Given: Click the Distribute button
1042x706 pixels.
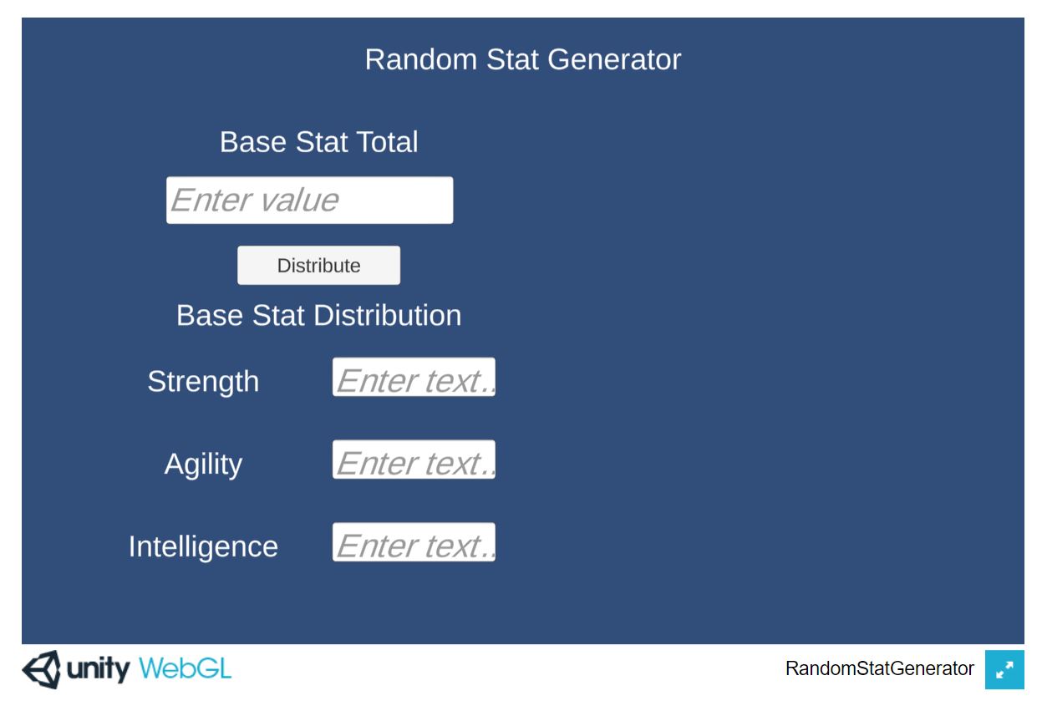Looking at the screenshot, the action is click(318, 265).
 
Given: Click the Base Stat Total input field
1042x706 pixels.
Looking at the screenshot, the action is click(310, 200).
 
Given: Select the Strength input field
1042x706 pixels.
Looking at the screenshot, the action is click(414, 377).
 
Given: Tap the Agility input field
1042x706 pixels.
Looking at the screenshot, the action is click(414, 460).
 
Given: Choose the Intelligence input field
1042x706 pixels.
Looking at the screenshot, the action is click(414, 542).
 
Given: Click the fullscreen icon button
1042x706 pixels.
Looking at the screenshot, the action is click(1004, 670).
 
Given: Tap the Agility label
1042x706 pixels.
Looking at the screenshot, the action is click(203, 465).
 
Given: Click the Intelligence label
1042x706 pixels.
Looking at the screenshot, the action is click(203, 547).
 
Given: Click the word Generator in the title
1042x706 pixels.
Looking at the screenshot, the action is click(614, 59).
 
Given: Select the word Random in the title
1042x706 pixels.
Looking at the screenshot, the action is click(421, 59).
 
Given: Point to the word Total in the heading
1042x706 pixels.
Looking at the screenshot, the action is click(387, 142).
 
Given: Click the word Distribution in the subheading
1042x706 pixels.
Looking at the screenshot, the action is click(388, 316).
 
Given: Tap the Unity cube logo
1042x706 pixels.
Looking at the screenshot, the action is click(42, 670).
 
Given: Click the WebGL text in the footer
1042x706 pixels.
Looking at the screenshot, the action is click(186, 669).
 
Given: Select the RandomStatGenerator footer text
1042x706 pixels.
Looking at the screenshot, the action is click(880, 668).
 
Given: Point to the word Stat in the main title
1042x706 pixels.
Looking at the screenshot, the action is click(512, 59).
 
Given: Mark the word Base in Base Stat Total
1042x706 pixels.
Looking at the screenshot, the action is click(253, 142).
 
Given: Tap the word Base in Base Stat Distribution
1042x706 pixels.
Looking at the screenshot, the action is click(210, 316).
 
